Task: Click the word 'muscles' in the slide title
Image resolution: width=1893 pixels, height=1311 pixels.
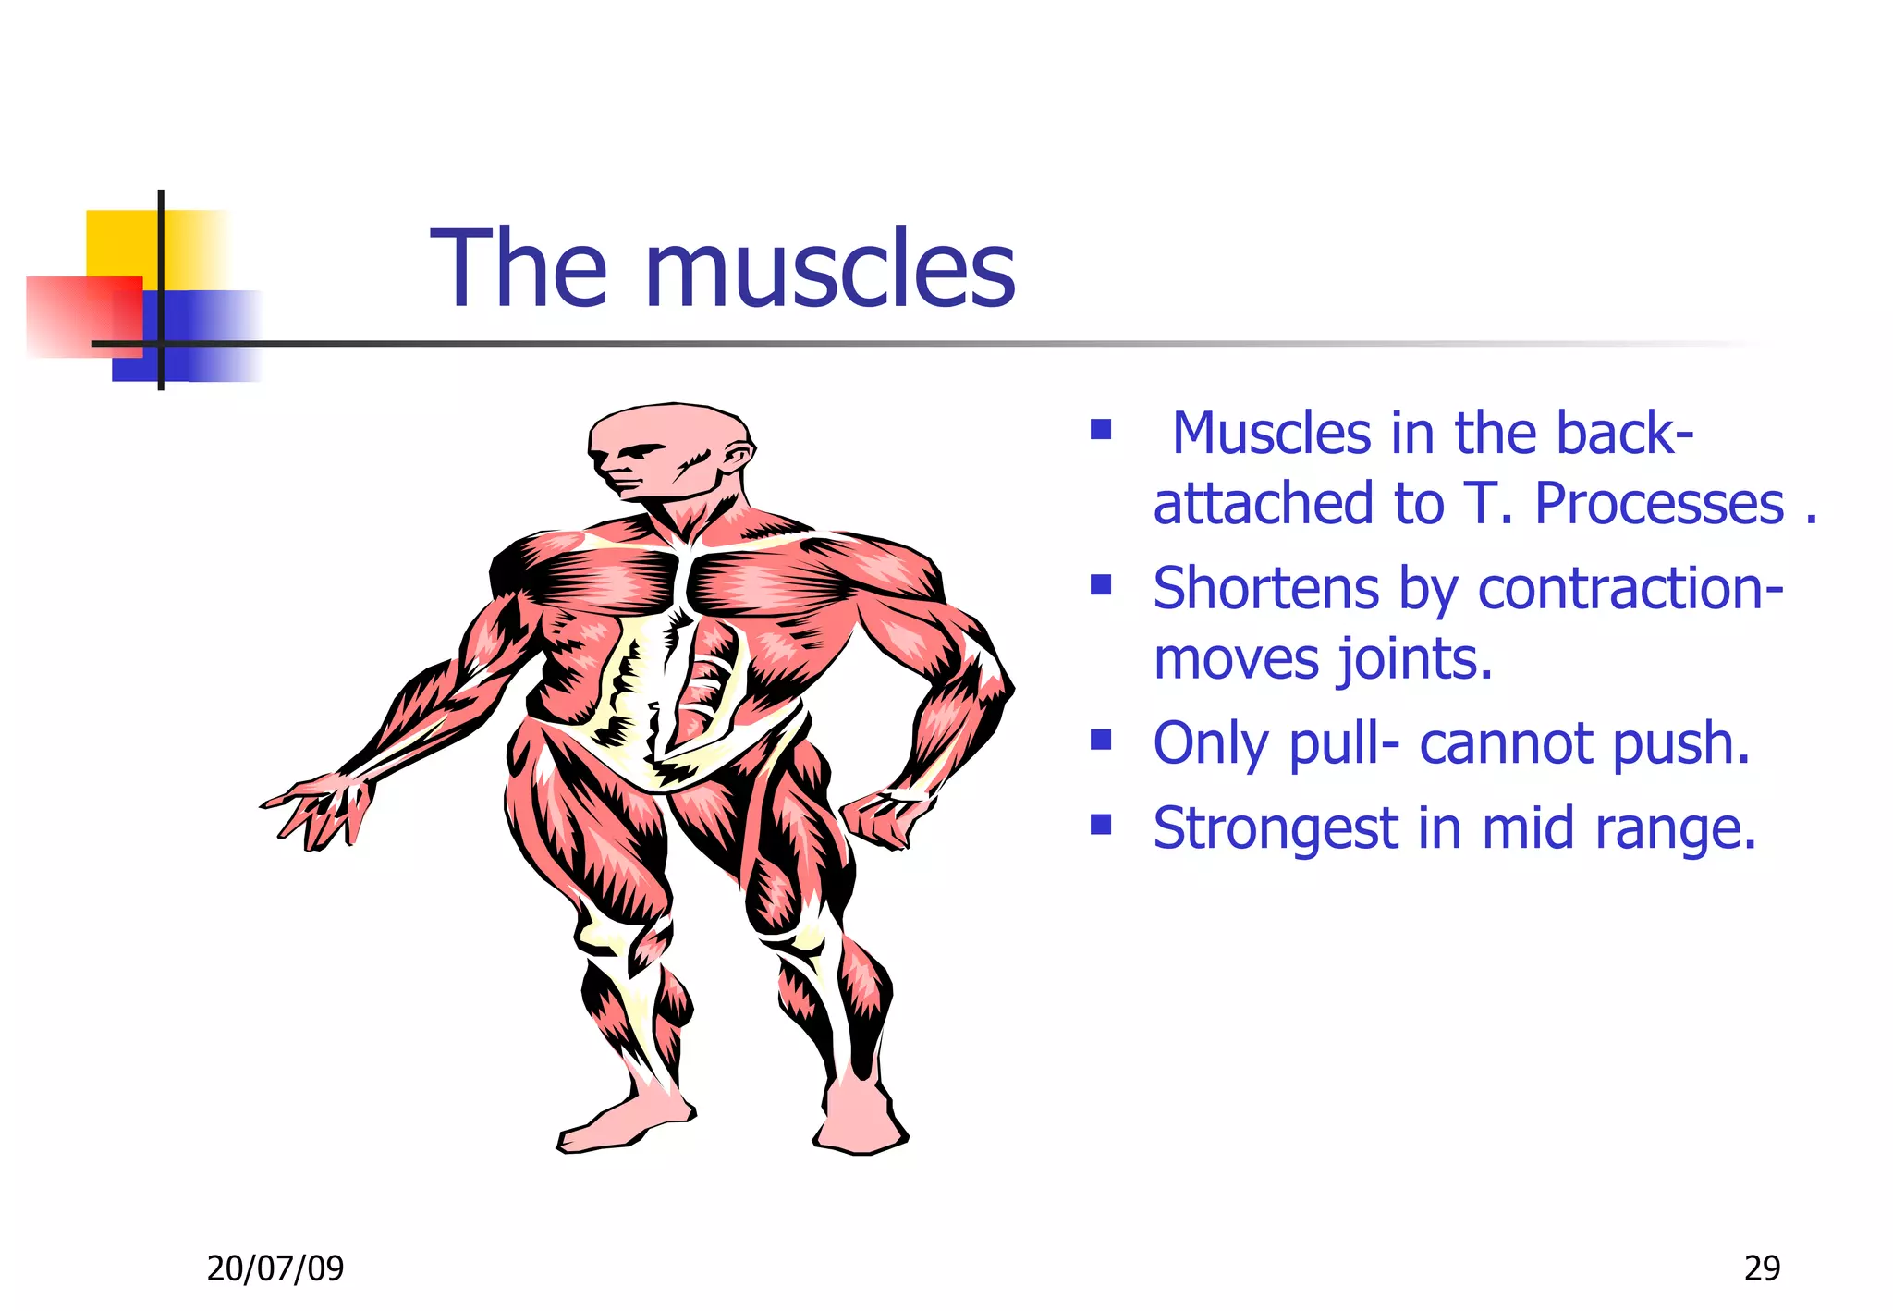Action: pos(829,270)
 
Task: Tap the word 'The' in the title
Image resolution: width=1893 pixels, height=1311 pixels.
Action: pos(519,270)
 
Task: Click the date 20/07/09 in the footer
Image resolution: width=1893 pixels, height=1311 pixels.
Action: pos(275,1268)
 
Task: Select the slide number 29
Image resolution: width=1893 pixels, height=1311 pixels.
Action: pos(1762,1268)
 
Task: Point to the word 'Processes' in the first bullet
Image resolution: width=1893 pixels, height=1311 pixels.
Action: pos(1658,504)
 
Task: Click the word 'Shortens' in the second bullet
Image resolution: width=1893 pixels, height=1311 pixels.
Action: pos(1266,589)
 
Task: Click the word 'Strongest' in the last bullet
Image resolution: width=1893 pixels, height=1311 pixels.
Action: pos(1276,828)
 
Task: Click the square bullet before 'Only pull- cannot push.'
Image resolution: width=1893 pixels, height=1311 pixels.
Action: pos(1100,740)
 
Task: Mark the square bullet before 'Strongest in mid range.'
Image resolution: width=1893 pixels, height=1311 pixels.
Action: pos(1100,824)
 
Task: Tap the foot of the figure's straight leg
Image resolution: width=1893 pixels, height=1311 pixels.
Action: pos(860,1123)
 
